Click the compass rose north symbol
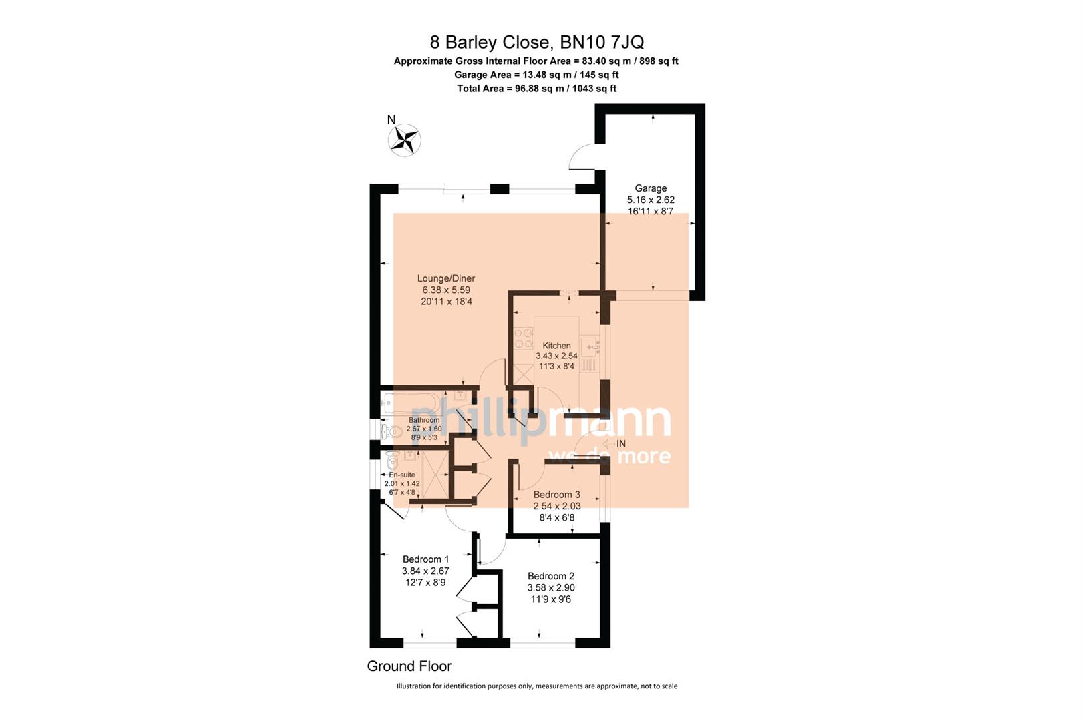pos(404,140)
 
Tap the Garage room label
pos(651,188)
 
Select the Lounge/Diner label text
pos(445,278)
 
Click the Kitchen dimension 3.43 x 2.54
pos(556,356)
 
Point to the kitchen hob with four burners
pos(523,338)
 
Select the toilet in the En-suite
pos(392,460)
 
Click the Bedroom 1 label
pos(425,559)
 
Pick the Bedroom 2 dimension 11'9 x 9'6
pos(550,599)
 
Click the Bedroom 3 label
pos(556,495)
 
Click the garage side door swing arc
pos(581,157)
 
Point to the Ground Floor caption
pos(409,666)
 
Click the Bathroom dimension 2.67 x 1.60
pos(424,429)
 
